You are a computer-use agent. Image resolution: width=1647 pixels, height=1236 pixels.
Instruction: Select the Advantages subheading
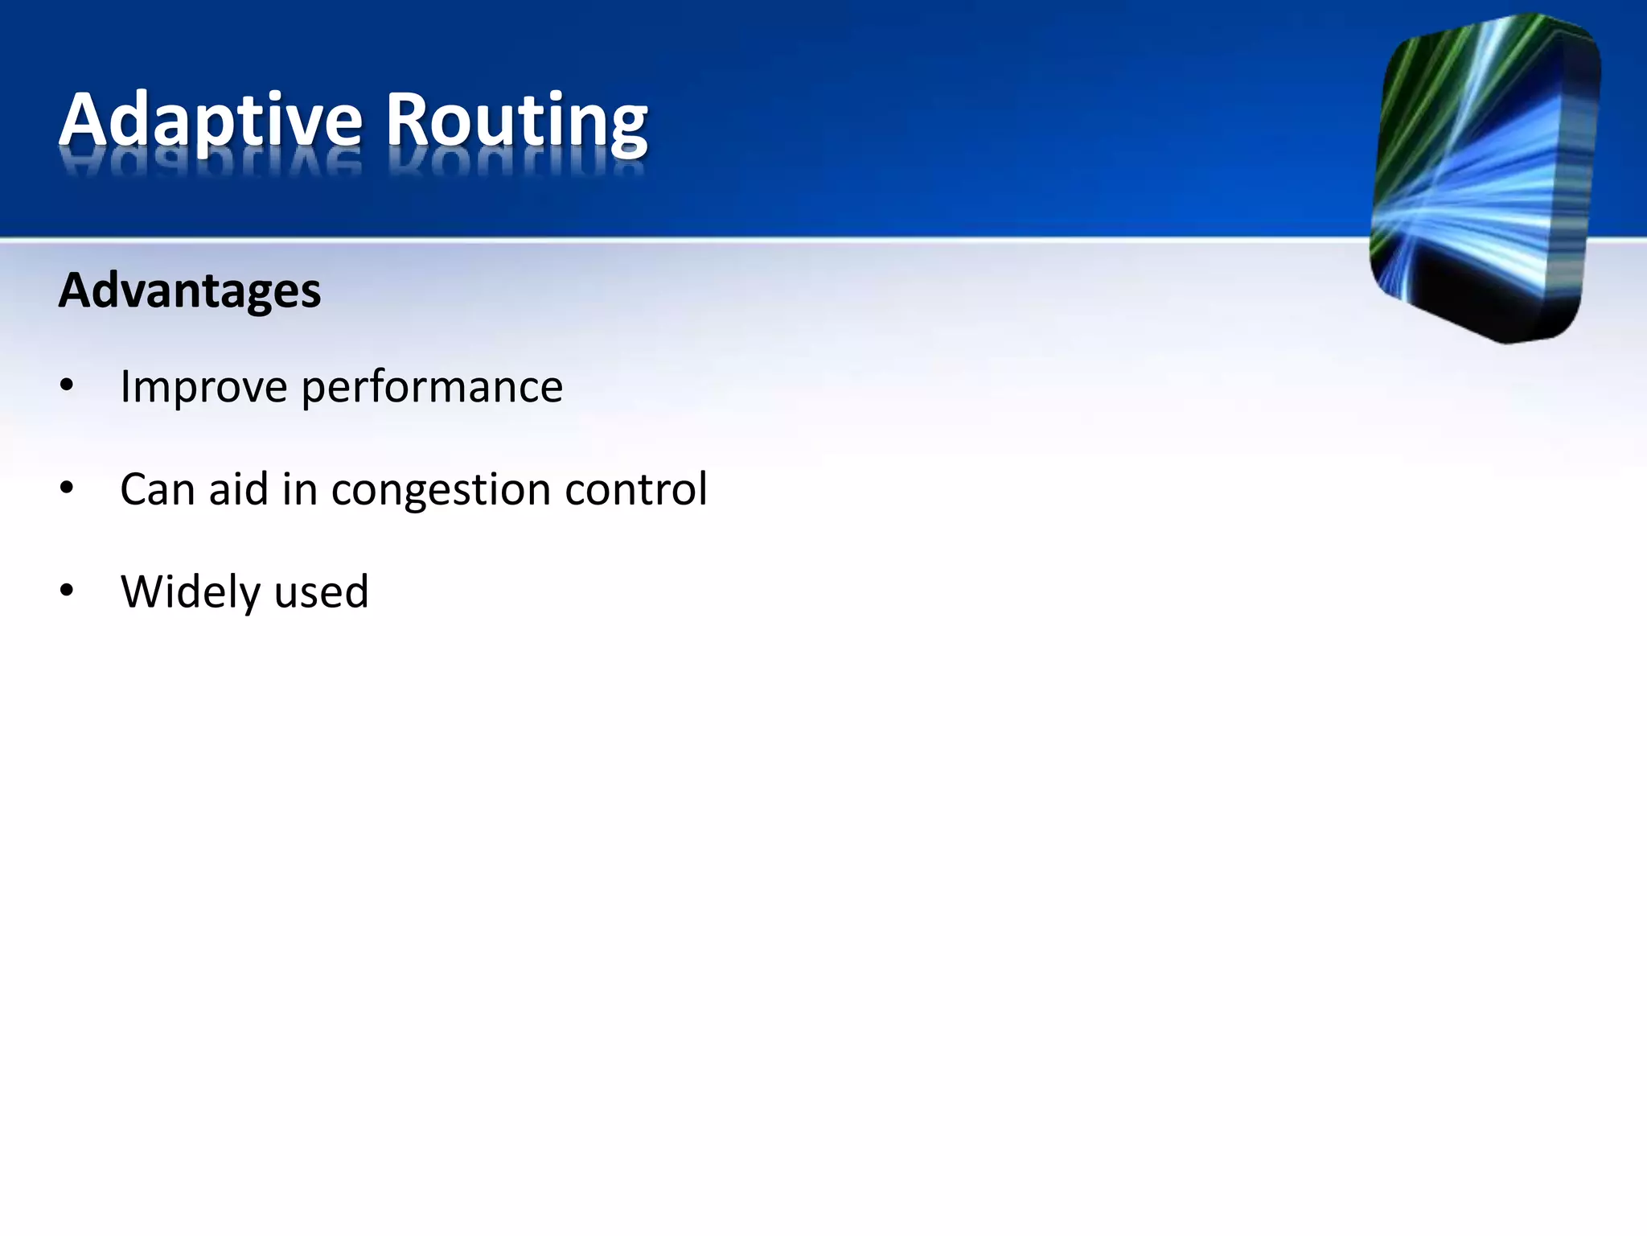tap(190, 290)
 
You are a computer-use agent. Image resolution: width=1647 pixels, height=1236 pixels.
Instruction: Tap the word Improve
tap(203, 387)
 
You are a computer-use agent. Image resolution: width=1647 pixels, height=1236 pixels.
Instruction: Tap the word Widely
tap(191, 593)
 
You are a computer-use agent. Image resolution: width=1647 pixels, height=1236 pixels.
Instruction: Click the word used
tap(321, 592)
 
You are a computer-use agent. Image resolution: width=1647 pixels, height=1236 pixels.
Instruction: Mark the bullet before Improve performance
tap(67, 386)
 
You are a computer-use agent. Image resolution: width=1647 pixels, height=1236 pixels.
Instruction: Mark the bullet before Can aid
tap(67, 488)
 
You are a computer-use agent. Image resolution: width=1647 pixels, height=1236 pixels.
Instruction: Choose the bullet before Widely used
tap(67, 591)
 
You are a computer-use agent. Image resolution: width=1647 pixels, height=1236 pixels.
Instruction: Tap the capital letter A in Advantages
tap(76, 290)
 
